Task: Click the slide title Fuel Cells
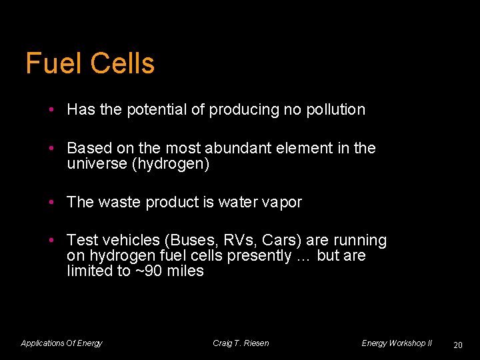click(x=90, y=64)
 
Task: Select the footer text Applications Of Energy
click(x=61, y=343)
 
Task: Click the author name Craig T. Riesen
click(x=241, y=343)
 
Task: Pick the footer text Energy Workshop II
click(x=397, y=343)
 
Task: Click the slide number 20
click(x=457, y=345)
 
